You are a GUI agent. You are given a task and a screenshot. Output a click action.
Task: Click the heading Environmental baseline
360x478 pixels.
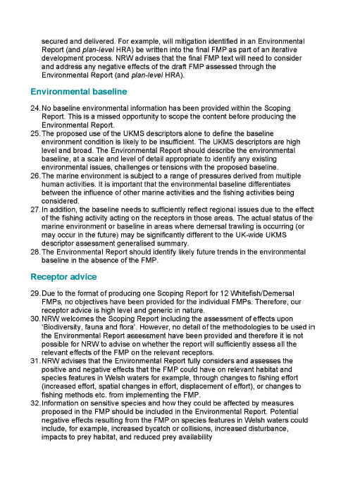[x=79, y=92]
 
